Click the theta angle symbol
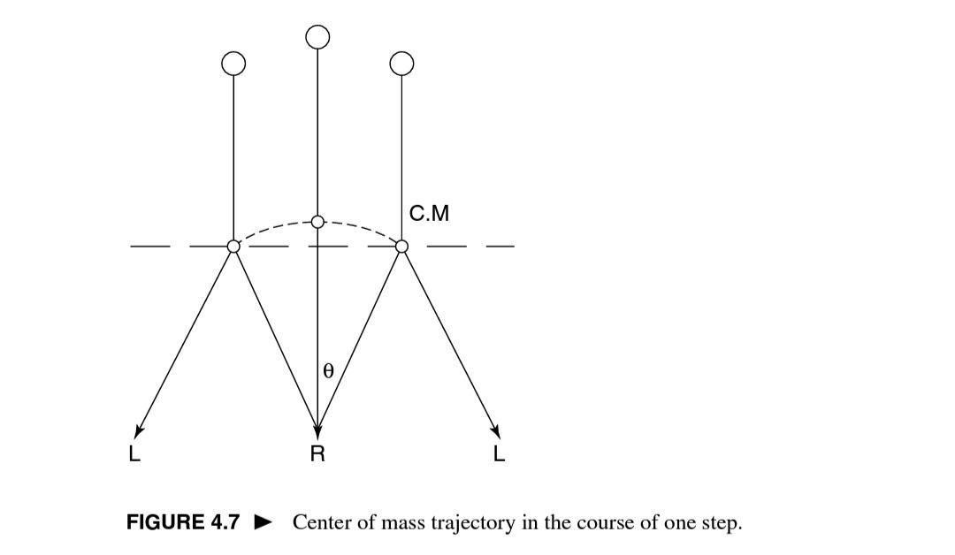click(328, 372)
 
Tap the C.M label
click(431, 213)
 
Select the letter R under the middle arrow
click(317, 454)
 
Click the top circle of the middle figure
click(317, 36)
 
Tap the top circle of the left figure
click(233, 63)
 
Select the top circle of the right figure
click(401, 63)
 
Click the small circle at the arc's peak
click(317, 221)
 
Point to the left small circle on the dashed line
click(233, 246)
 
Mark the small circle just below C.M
click(401, 246)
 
